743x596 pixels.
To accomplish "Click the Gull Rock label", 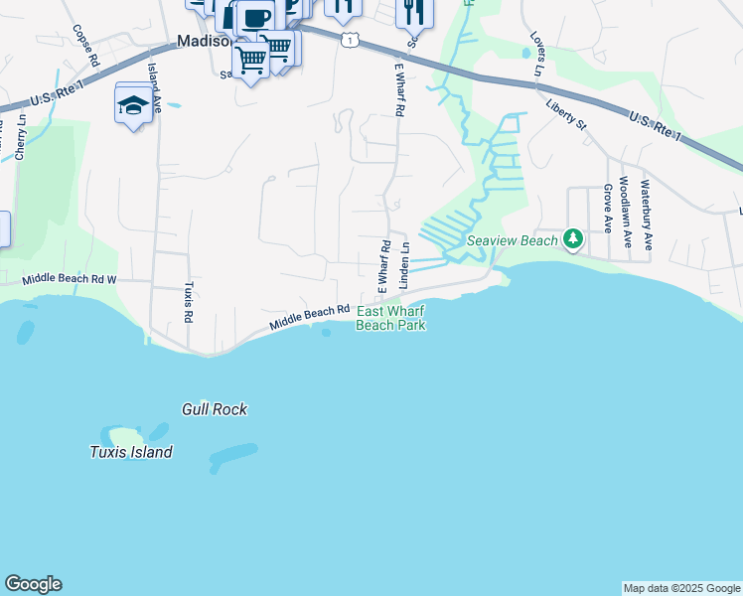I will (215, 409).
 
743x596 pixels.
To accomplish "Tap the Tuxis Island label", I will (131, 452).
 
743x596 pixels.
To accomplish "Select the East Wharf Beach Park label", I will (390, 318).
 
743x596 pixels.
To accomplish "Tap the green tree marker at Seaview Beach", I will (572, 238).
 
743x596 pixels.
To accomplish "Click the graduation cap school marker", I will (133, 103).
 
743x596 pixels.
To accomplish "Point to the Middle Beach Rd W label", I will (70, 281).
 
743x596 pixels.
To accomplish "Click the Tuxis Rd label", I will (187, 302).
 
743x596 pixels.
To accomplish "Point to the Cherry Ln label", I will (20, 137).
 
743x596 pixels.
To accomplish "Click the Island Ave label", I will (154, 86).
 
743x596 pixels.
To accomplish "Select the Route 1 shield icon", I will (347, 39).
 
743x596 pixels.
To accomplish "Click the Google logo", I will (33, 584).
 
